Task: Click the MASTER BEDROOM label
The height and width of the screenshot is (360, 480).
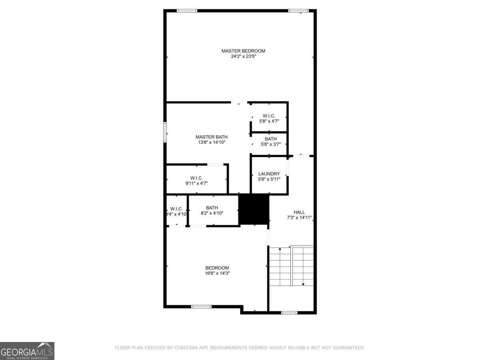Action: click(243, 51)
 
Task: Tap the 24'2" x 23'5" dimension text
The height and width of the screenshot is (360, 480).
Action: click(243, 57)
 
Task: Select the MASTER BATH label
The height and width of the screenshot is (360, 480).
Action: click(211, 137)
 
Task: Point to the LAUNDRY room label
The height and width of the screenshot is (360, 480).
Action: click(269, 174)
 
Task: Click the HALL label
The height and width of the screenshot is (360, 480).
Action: click(299, 212)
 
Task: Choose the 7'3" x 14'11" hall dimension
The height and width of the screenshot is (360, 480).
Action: click(299, 218)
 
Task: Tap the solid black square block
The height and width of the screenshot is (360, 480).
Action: click(254, 209)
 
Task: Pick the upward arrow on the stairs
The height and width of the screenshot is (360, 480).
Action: click(280, 249)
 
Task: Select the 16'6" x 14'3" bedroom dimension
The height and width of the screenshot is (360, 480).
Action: click(217, 274)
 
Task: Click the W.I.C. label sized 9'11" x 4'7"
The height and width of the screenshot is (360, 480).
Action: click(196, 178)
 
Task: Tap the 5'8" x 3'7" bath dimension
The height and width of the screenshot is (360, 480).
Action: click(270, 144)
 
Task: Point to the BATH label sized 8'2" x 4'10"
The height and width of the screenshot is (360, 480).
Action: click(212, 208)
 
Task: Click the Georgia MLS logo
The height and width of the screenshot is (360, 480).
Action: click(27, 351)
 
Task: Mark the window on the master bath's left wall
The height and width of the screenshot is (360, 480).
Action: click(165, 132)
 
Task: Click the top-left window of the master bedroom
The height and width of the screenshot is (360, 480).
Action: click(187, 11)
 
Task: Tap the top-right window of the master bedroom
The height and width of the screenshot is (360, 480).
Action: click(298, 11)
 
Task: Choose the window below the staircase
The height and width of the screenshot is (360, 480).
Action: click(289, 312)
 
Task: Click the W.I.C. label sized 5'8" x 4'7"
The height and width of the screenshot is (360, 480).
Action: click(269, 116)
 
